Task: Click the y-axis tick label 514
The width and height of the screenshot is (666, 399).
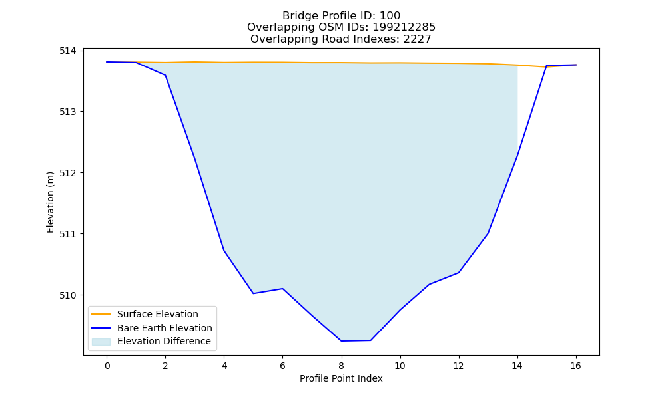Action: (67, 51)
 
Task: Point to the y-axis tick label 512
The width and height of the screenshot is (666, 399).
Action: (67, 173)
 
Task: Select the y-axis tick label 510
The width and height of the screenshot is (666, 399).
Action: (67, 295)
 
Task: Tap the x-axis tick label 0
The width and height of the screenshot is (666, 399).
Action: (107, 366)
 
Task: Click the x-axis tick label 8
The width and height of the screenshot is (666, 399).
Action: (342, 366)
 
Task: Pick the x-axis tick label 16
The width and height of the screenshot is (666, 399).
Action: (575, 366)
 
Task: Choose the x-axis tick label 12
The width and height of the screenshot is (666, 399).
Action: (458, 366)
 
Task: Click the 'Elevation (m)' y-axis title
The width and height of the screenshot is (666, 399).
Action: (50, 202)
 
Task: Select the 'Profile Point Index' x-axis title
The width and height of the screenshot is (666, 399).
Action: (341, 378)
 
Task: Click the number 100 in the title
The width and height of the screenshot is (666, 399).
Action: (390, 16)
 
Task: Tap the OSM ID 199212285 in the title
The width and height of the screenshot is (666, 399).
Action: (404, 27)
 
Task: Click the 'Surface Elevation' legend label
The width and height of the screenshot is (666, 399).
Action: (158, 314)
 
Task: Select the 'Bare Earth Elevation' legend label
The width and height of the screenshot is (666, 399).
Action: (165, 328)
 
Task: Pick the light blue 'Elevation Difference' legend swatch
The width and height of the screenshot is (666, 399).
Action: (101, 342)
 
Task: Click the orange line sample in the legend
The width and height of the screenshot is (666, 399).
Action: (101, 314)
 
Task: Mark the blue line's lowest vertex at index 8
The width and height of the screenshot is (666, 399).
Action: (342, 341)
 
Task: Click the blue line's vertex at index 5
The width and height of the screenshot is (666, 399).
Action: (253, 293)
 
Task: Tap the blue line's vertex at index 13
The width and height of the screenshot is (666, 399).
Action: (488, 233)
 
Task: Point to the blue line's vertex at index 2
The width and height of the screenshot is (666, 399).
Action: (165, 75)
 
